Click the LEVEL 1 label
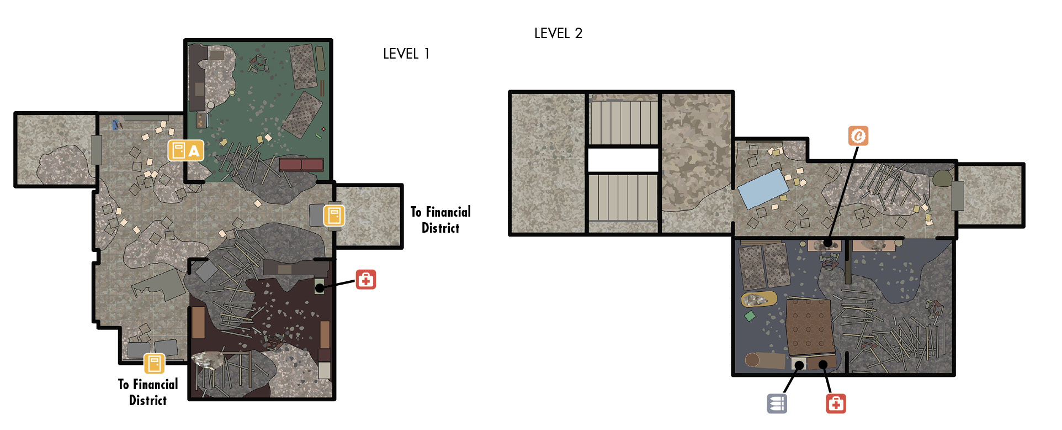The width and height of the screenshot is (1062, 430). coord(406,54)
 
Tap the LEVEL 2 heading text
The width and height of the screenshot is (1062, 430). coord(558,33)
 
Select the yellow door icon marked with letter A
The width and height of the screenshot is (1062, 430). coord(186,150)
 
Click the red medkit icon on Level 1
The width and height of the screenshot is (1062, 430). coord(365,280)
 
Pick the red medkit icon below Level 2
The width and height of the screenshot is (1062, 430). coord(836,403)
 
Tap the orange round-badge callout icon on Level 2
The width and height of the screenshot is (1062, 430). coord(858,136)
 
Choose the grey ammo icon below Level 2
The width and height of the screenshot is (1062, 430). coord(777,403)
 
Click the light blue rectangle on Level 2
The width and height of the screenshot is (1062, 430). coord(764,189)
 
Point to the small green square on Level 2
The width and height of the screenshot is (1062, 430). coord(750,316)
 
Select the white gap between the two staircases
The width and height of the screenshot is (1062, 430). coord(623,160)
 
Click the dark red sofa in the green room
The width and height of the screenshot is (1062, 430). coord(301,164)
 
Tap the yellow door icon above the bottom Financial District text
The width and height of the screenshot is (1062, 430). coord(155,364)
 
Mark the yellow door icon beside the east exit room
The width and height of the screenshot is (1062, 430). coord(334,216)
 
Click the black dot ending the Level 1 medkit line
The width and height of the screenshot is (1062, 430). coord(320,288)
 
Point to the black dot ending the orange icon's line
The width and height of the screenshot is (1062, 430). coord(827,243)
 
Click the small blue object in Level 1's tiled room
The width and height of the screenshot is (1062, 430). coord(115,125)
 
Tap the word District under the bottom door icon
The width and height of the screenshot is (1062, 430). coord(148,400)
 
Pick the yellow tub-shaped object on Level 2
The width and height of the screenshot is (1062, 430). coord(758,300)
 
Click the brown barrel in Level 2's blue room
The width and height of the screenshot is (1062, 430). coord(764,360)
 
